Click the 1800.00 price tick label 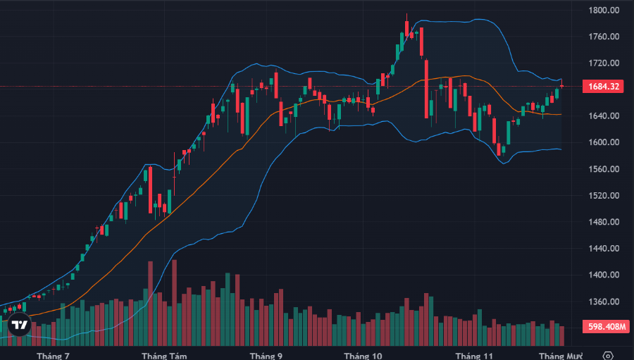pyautogui.click(x=604, y=11)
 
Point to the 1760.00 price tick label pyautogui.click(x=604, y=37)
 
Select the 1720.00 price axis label pyautogui.click(x=604, y=63)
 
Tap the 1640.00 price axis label pyautogui.click(x=604, y=116)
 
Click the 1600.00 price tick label pyautogui.click(x=604, y=142)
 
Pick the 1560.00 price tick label pyautogui.click(x=604, y=169)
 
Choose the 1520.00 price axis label pyautogui.click(x=604, y=196)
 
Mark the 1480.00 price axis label pyautogui.click(x=604, y=223)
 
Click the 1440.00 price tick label pyautogui.click(x=604, y=249)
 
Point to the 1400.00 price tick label pyautogui.click(x=604, y=275)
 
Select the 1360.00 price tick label pyautogui.click(x=604, y=302)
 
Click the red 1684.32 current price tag pyautogui.click(x=604, y=87)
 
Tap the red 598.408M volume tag pyautogui.click(x=604, y=327)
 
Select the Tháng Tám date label pyautogui.click(x=164, y=356)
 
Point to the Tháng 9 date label pyautogui.click(x=266, y=356)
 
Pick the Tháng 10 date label pyautogui.click(x=363, y=356)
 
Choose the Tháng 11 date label pyautogui.click(x=474, y=356)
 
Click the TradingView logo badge pyautogui.click(x=20, y=325)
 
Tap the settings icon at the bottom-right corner pyautogui.click(x=609, y=355)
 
